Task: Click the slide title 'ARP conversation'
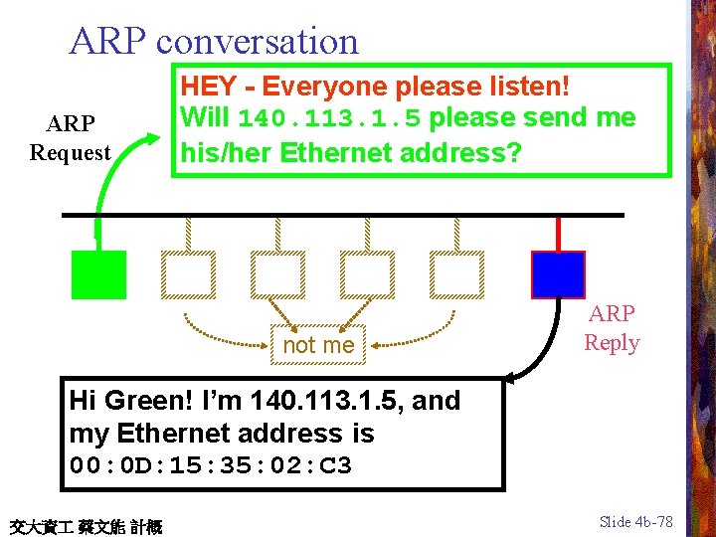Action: (214, 41)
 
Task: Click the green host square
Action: (99, 274)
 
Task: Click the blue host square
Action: (558, 274)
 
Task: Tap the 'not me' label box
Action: (318, 345)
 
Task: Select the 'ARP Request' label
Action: (70, 138)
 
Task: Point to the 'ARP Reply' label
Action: (612, 328)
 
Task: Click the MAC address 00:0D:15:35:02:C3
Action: (211, 465)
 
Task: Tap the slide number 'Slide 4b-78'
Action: (636, 522)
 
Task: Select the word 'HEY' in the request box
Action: (209, 88)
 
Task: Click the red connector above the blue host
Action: (558, 234)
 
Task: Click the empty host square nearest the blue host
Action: (457, 274)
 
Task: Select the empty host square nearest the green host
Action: (188, 274)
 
